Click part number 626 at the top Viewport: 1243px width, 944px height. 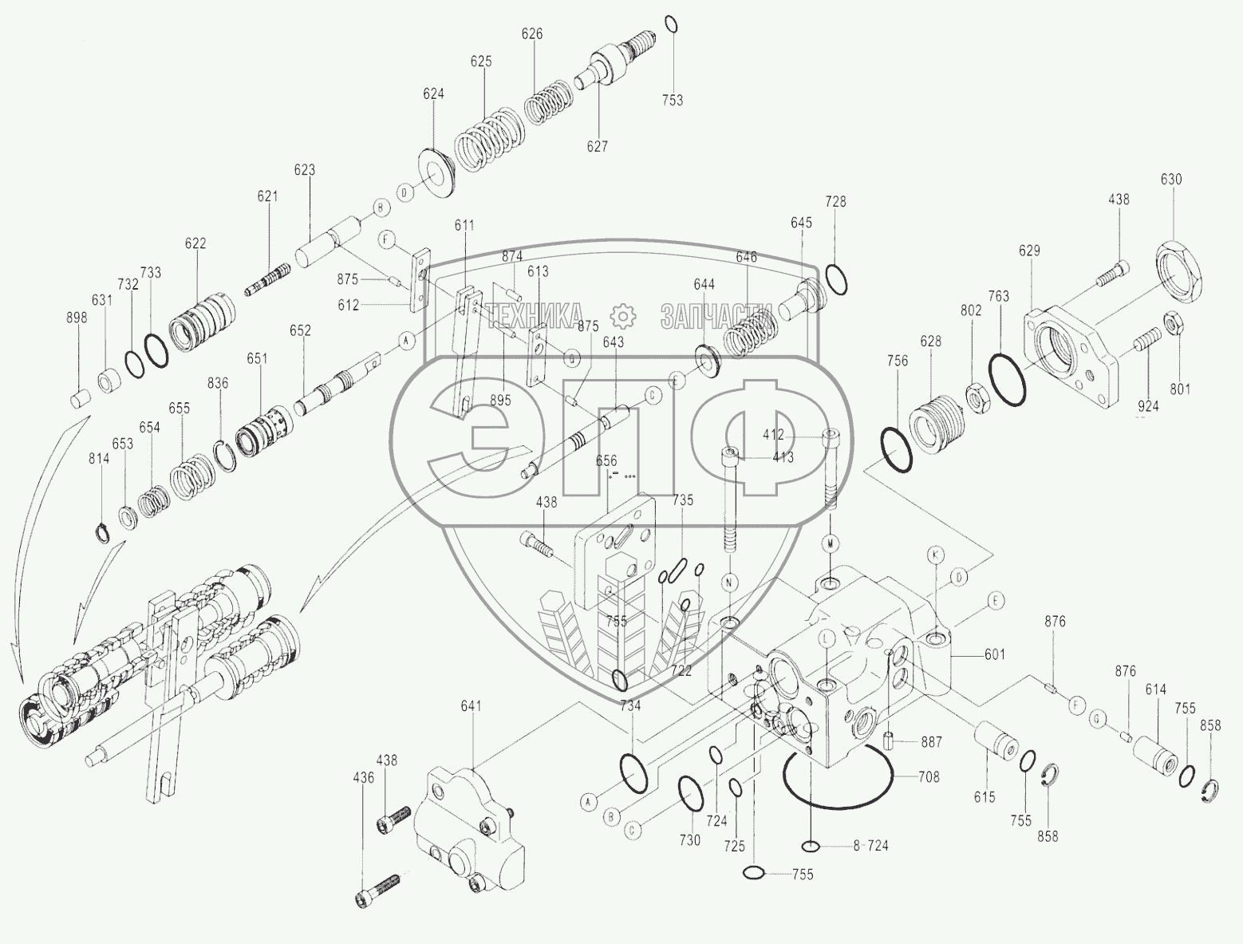532,34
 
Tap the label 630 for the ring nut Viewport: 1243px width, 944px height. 1171,180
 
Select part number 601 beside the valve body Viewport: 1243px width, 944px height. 994,655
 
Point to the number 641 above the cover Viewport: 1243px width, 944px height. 472,705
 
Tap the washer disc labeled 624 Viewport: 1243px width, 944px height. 437,172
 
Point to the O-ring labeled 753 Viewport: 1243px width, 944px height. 672,24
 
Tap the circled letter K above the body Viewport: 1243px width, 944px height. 937,554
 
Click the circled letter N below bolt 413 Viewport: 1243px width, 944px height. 729,583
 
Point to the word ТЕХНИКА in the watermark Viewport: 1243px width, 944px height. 535,316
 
